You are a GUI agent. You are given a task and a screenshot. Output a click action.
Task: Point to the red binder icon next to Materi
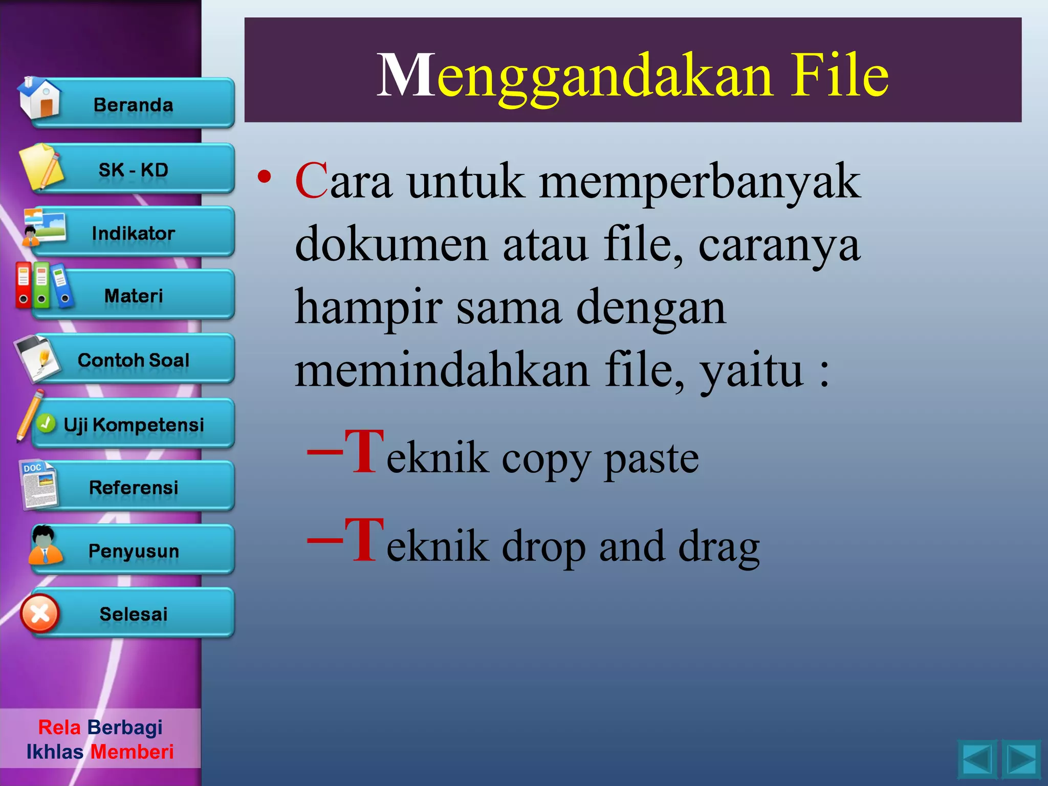pos(23,285)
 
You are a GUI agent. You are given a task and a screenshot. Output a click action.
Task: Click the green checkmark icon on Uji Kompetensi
pos(46,423)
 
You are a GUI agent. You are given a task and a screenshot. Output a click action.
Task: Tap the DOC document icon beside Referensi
pos(38,484)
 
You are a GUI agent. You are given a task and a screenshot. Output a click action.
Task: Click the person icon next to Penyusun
pos(45,545)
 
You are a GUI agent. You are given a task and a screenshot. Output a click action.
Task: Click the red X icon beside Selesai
pos(40,614)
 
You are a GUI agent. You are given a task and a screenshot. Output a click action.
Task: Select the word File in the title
pos(839,76)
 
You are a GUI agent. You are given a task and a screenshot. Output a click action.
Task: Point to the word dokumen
pos(391,245)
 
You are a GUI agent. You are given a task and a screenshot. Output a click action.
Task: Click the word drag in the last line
pos(718,547)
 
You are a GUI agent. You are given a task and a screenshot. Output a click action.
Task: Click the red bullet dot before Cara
pos(264,177)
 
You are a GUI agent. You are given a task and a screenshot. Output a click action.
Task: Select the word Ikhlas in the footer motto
pos(55,752)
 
